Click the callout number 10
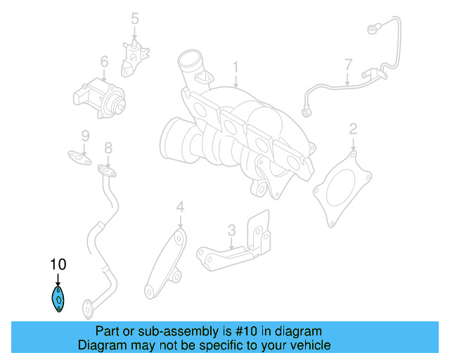click(x=58, y=265)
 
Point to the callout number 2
click(x=353, y=129)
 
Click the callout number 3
click(x=231, y=230)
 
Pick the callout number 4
click(x=180, y=207)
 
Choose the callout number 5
click(x=135, y=19)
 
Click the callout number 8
click(x=108, y=148)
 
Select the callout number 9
click(x=84, y=136)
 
